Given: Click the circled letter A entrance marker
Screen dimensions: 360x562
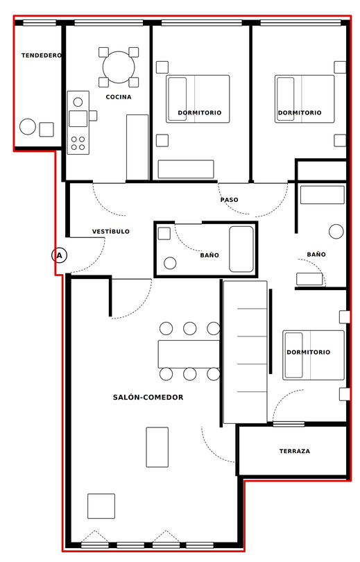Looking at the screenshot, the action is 59,255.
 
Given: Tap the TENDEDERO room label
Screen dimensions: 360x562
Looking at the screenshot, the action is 42,56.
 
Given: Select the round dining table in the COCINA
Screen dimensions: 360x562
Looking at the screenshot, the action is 119,67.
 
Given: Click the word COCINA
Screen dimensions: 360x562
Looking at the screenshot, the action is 119,96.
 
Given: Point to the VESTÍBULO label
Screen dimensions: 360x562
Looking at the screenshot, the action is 111,232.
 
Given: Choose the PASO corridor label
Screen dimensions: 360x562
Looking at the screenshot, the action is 230,200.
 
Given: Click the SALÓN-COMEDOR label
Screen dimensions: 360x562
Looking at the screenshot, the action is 148,397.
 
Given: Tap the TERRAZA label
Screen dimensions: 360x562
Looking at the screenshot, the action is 294,451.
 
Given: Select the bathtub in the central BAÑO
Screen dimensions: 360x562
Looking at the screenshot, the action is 241,249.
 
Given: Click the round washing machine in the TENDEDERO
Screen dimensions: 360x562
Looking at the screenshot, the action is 28,126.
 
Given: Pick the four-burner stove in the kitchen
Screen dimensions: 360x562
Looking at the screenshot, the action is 78,142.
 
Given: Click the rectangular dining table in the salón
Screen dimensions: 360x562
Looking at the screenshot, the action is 189,354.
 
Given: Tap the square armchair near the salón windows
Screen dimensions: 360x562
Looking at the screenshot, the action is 101,506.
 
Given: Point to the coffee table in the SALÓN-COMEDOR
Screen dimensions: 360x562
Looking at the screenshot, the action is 157,447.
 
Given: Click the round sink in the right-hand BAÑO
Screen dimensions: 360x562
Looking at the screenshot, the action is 336,232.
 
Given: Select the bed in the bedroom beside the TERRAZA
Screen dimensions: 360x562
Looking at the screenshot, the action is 314,355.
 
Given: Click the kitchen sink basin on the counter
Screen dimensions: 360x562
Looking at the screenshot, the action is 78,119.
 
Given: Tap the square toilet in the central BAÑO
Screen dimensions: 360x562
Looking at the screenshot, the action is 164,234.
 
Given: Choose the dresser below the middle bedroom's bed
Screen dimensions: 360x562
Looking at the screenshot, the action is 186,169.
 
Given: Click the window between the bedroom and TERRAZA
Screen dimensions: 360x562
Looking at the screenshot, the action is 289,424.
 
